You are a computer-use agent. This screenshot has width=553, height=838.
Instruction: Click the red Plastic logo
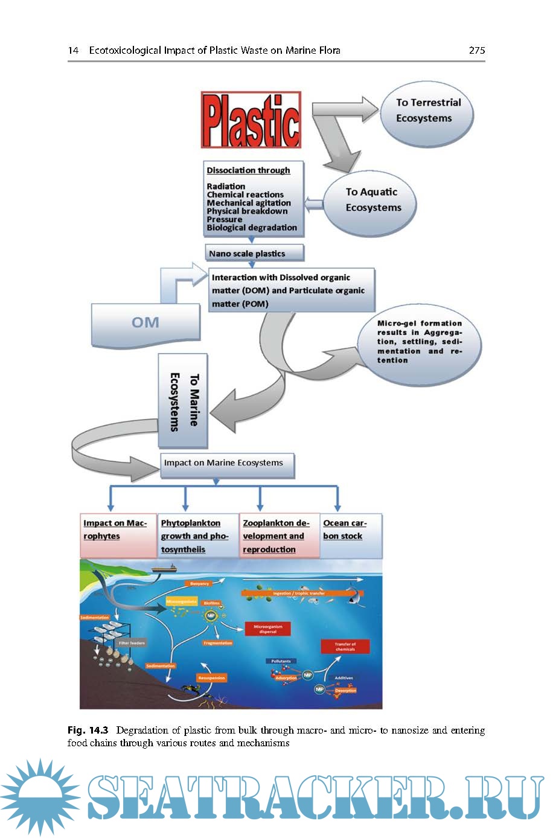point(251,120)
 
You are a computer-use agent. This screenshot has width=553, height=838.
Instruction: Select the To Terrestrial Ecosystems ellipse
point(427,111)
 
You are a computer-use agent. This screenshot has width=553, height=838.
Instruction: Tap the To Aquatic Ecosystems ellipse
point(372,200)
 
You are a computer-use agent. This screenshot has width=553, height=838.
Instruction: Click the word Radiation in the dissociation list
point(226,186)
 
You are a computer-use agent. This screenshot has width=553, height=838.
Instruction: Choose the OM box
point(145,323)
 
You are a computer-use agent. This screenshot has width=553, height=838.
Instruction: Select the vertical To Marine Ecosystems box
point(183,401)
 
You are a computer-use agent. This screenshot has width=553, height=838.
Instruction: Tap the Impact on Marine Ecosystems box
point(227,464)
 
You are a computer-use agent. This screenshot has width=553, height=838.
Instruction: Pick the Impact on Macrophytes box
point(118,535)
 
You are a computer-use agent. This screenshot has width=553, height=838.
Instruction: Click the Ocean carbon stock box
point(352,535)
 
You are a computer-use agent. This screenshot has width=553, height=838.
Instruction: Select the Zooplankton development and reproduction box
point(280,536)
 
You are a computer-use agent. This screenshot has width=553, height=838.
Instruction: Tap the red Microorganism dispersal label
point(268,629)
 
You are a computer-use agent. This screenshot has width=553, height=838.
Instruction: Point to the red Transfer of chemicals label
point(345,647)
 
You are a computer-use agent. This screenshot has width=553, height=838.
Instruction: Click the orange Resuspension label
point(211,678)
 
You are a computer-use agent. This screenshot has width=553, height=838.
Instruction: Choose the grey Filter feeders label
point(132,643)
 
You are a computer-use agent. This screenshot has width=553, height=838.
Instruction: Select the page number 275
point(477,51)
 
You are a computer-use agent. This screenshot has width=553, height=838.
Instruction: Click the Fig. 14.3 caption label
point(88,730)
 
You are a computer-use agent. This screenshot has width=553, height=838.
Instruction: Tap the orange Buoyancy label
point(200,584)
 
